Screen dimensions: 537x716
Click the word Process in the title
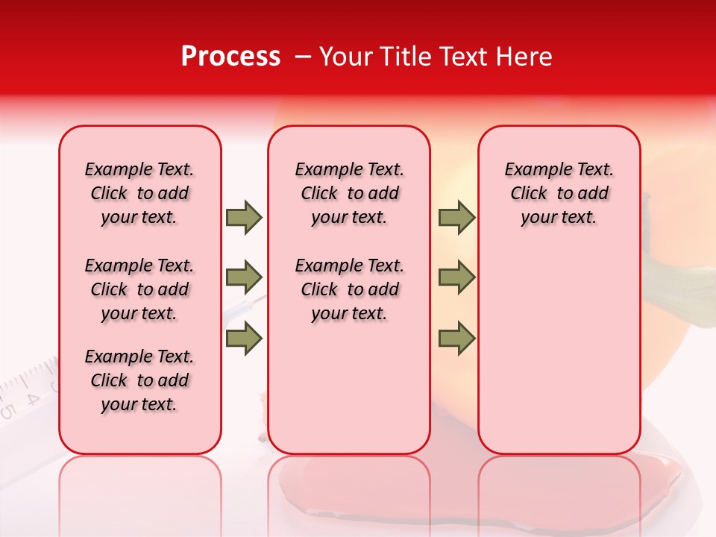pyautogui.click(x=230, y=57)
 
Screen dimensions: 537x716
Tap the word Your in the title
pyautogui.click(x=346, y=57)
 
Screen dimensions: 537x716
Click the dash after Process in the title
pyautogui.click(x=302, y=57)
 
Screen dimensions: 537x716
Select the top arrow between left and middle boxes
pyautogui.click(x=244, y=218)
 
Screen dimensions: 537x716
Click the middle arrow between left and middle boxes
pyautogui.click(x=244, y=277)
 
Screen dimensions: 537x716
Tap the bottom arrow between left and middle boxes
pyautogui.click(x=244, y=339)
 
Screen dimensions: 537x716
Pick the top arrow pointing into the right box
pyautogui.click(x=456, y=218)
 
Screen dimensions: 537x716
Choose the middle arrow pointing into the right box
pyautogui.click(x=456, y=277)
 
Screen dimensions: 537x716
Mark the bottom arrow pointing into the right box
pyautogui.click(x=456, y=339)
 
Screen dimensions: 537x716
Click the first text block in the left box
pyautogui.click(x=139, y=193)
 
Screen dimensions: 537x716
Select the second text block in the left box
pyautogui.click(x=139, y=289)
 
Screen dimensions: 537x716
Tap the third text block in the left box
pyautogui.click(x=139, y=380)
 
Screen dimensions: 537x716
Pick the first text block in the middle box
pyautogui.click(x=349, y=193)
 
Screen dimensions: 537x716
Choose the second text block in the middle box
pyautogui.click(x=349, y=289)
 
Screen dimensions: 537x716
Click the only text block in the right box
pyautogui.click(x=559, y=193)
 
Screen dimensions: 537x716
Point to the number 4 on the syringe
pyautogui.click(x=32, y=398)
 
